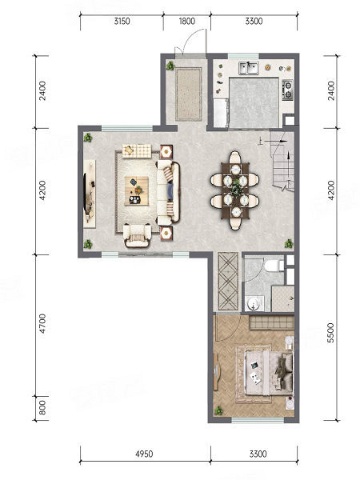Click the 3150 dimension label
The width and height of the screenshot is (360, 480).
[x=122, y=21]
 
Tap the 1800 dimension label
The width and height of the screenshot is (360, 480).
[x=186, y=21]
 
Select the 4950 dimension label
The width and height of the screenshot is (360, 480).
[x=144, y=454]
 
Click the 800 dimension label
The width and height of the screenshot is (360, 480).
[x=42, y=408]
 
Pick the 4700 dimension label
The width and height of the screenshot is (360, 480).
[x=42, y=324]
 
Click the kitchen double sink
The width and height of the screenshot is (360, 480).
[x=249, y=68]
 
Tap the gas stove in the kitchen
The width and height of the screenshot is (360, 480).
[x=287, y=90]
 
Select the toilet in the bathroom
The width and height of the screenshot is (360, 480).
[x=274, y=266]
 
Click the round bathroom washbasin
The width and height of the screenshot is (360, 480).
[x=254, y=303]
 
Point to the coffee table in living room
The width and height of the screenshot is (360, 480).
[x=137, y=190]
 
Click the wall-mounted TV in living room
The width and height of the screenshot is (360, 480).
[x=86, y=193]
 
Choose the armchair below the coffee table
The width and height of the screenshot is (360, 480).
[x=138, y=235]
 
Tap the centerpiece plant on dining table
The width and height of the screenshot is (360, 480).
[x=236, y=188]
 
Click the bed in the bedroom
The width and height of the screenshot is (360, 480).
[x=269, y=374]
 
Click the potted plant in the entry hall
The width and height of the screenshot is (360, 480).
[x=170, y=66]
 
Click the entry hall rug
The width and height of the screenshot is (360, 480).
[x=189, y=94]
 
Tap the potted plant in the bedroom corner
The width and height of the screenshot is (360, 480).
[x=218, y=410]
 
